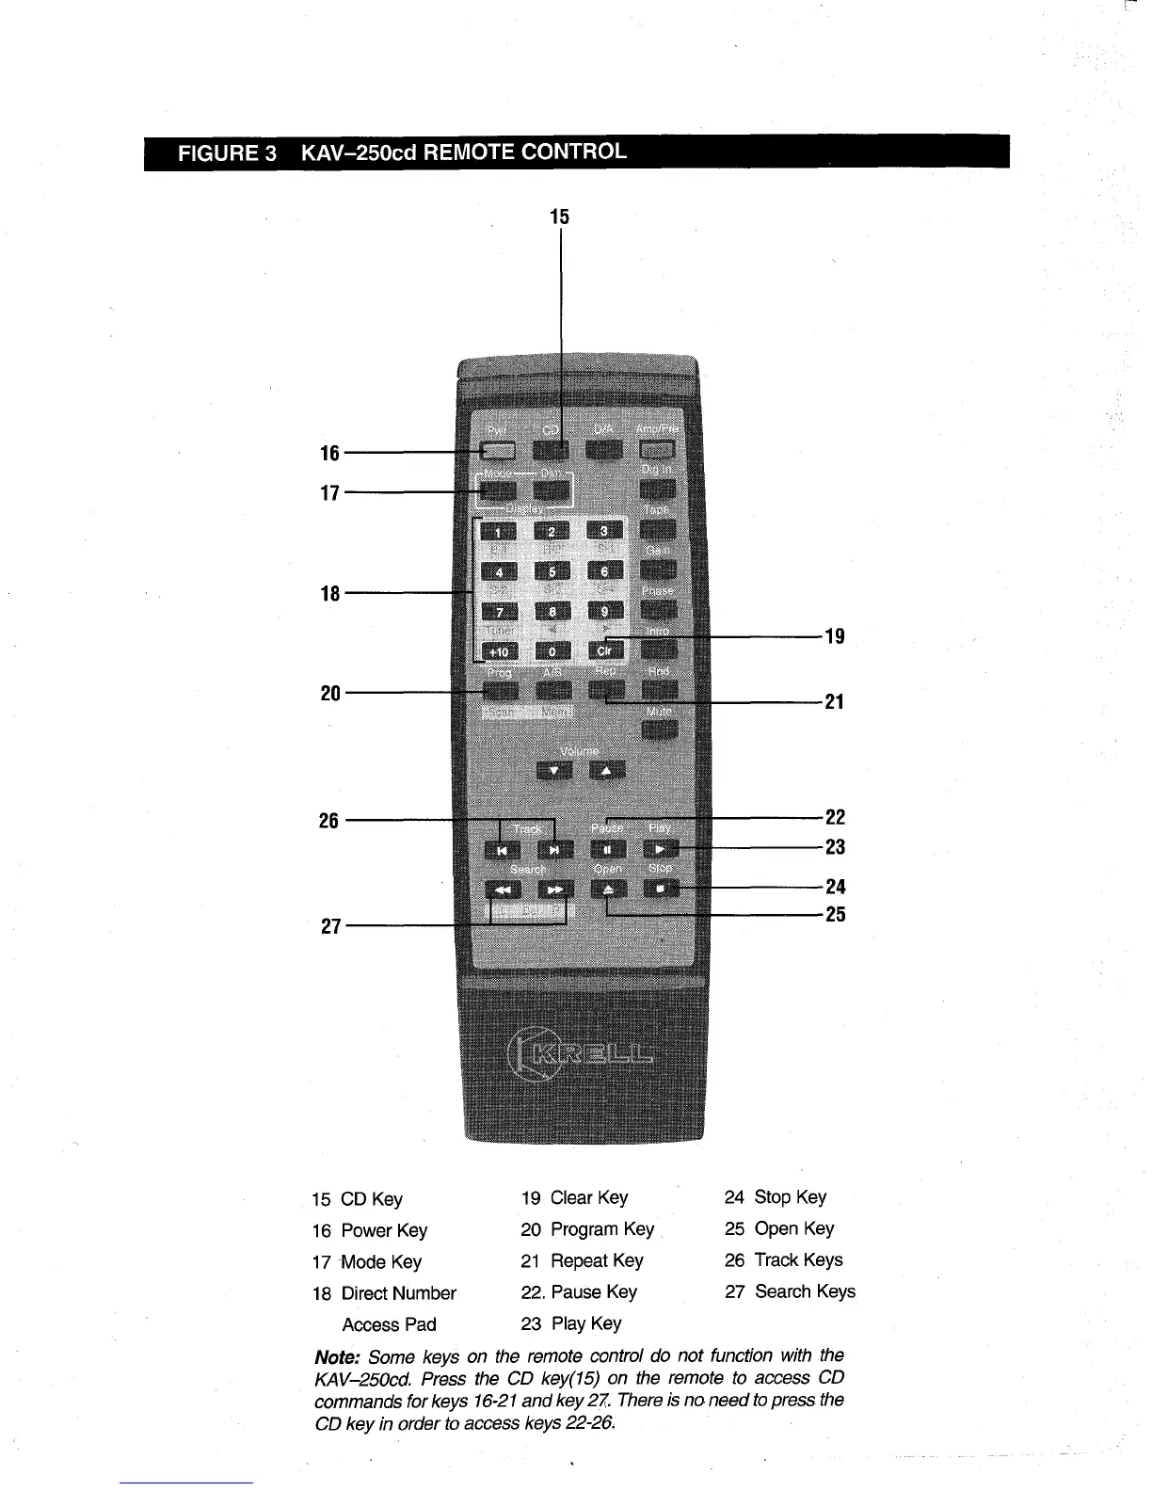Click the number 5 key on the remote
click(x=552, y=571)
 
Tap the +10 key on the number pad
click(x=499, y=650)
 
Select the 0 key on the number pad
click(x=552, y=650)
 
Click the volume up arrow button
click(x=606, y=772)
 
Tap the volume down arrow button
click(x=553, y=772)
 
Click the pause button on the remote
click(x=607, y=850)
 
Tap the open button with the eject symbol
click(x=607, y=889)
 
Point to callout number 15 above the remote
click(x=560, y=216)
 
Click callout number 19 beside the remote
click(x=835, y=636)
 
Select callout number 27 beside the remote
click(x=330, y=926)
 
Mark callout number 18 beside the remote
click(x=330, y=594)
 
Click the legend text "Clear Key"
click(x=588, y=1197)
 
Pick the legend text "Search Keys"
click(x=805, y=1291)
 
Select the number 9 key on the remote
click(x=606, y=611)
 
